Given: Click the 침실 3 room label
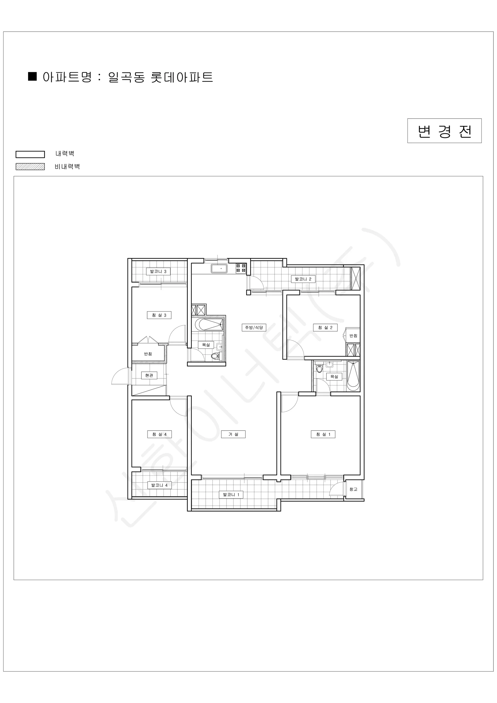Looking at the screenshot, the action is coord(159,315).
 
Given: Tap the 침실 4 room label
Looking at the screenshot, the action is coord(159,434).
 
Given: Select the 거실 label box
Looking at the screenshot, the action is coord(233,434).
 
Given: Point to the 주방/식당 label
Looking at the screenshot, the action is coord(254,327).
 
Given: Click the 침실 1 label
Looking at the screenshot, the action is coord(323,434).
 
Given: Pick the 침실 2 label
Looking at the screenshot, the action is coord(325,327).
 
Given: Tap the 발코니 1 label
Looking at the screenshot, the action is coord(231,494).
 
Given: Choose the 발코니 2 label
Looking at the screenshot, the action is coord(303,279).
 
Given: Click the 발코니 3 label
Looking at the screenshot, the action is coord(158,271).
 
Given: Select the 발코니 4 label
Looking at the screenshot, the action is coord(160,485).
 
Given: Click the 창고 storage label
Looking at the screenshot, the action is coord(354,489).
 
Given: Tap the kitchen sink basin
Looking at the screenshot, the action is coord(219,269).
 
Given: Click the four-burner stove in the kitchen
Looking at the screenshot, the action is coord(241,269).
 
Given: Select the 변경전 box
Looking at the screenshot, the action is coord(444,131).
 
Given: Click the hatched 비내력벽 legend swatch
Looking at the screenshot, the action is coord(30,167).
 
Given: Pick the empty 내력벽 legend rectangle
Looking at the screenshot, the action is coord(30,154).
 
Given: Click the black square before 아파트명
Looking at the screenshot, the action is coord(32,76).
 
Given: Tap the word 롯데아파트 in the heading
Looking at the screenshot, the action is coord(182,77).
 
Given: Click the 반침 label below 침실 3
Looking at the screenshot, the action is coord(148,354).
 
